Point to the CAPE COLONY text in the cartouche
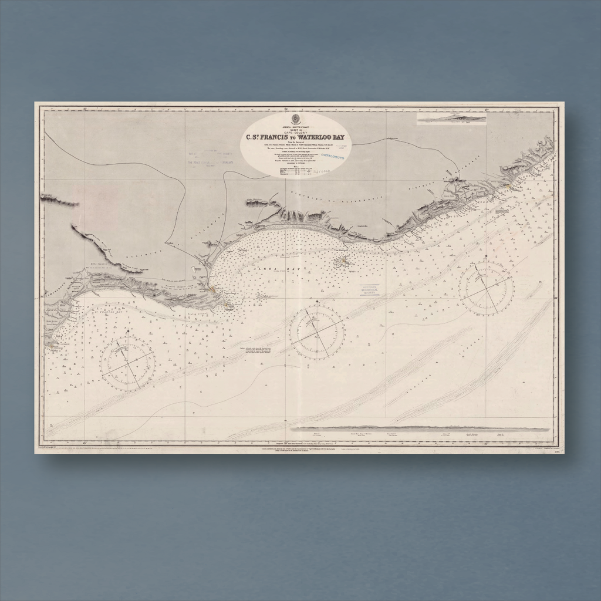tap(295, 132)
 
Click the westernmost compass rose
tap(127, 363)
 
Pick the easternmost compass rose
tap(486, 288)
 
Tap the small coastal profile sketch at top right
tap(451, 119)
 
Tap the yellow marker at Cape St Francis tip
tap(53, 346)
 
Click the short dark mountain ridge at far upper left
tap(59, 202)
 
